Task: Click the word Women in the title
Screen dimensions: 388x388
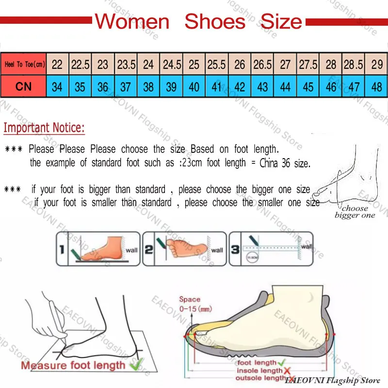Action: point(132,22)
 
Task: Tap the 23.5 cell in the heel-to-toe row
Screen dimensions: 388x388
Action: point(126,65)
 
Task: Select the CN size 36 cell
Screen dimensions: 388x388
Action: point(103,87)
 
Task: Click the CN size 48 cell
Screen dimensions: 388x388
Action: point(377,87)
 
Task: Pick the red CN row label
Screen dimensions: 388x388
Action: point(23,87)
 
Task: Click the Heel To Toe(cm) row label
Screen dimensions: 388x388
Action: point(23,65)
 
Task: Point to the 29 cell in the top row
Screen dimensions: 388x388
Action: point(377,65)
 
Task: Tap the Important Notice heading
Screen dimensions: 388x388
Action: point(44,129)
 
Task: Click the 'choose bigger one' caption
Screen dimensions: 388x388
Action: point(355,211)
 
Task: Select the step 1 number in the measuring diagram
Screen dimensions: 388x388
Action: point(62,250)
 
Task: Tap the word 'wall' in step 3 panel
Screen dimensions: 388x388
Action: point(306,246)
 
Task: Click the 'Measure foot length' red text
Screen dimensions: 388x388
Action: point(73,365)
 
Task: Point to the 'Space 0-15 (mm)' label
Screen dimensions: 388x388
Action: point(190,304)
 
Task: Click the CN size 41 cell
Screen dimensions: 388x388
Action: point(217,87)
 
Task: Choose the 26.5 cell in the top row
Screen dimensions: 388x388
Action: point(262,65)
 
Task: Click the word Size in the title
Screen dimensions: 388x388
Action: point(281,22)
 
